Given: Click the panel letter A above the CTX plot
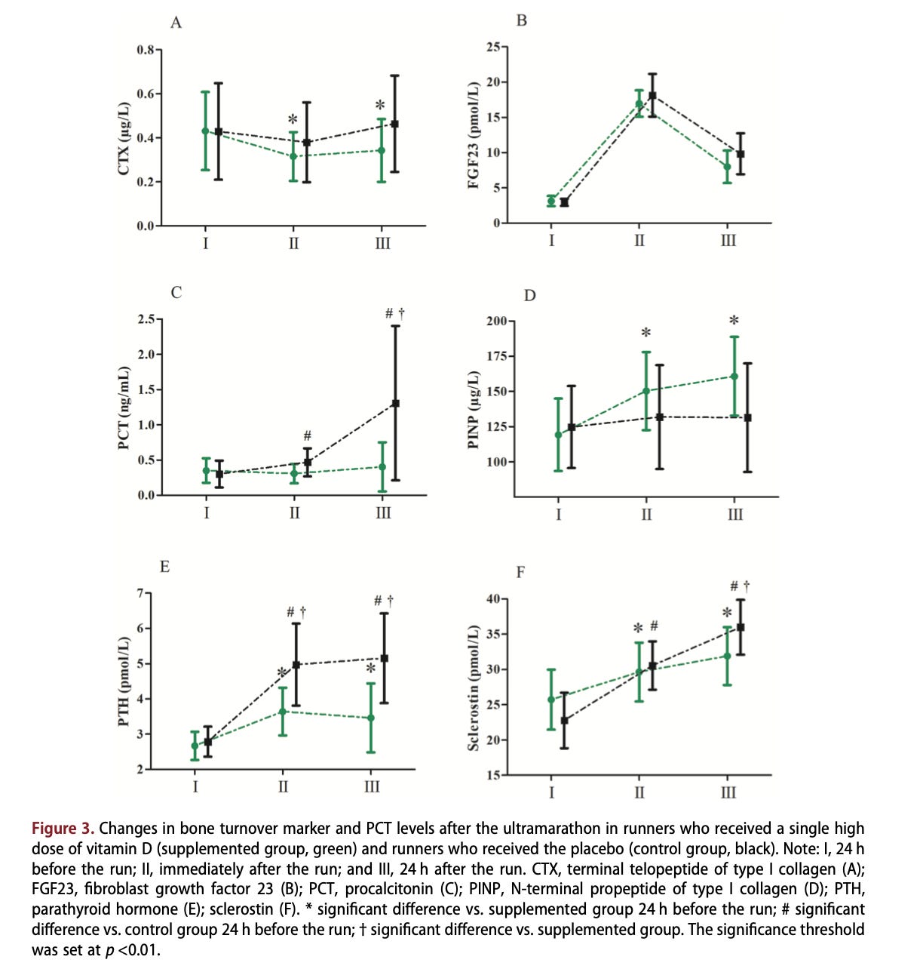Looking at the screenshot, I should point(176,23).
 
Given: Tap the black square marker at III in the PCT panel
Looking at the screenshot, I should point(396,403).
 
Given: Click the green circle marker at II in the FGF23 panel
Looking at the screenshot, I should point(639,104).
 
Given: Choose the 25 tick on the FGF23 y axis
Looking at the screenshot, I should point(492,48).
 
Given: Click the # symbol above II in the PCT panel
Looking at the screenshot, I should point(308,435).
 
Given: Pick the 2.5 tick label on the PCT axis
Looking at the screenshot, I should point(146,319).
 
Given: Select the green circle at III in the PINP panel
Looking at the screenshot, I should point(734,376).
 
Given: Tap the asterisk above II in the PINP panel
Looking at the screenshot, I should point(646,334).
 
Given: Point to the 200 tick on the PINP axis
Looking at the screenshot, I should point(496,321).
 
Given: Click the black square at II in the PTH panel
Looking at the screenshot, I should point(296,665).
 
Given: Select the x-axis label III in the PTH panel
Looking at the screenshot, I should point(372,786).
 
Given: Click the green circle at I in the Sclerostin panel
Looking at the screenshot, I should point(551,700).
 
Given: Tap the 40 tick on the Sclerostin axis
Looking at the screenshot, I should point(493,599).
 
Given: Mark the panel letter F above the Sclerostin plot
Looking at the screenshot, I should point(520,572).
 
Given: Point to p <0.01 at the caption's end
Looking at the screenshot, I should point(132,949).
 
